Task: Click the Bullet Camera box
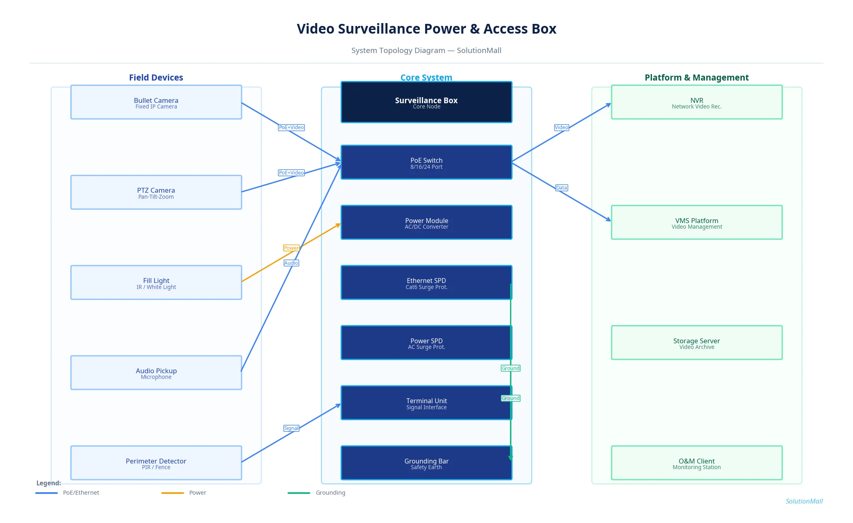click(156, 102)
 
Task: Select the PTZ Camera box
click(156, 193)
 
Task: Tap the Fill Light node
click(156, 283)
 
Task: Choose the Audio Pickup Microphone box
click(156, 373)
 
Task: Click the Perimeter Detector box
click(156, 463)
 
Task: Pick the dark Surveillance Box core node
click(426, 102)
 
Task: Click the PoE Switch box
click(426, 162)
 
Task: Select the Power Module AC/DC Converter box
click(426, 223)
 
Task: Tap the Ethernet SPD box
click(426, 283)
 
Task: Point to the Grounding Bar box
click(426, 463)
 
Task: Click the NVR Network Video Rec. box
click(696, 102)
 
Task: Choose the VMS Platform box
click(696, 223)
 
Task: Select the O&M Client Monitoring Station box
click(696, 463)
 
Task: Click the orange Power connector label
click(291, 248)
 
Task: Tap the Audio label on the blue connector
click(291, 263)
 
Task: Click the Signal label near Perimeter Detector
click(291, 428)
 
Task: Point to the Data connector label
click(561, 188)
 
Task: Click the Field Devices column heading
click(156, 78)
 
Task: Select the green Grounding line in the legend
click(299, 493)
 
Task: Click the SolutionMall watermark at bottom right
click(804, 502)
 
